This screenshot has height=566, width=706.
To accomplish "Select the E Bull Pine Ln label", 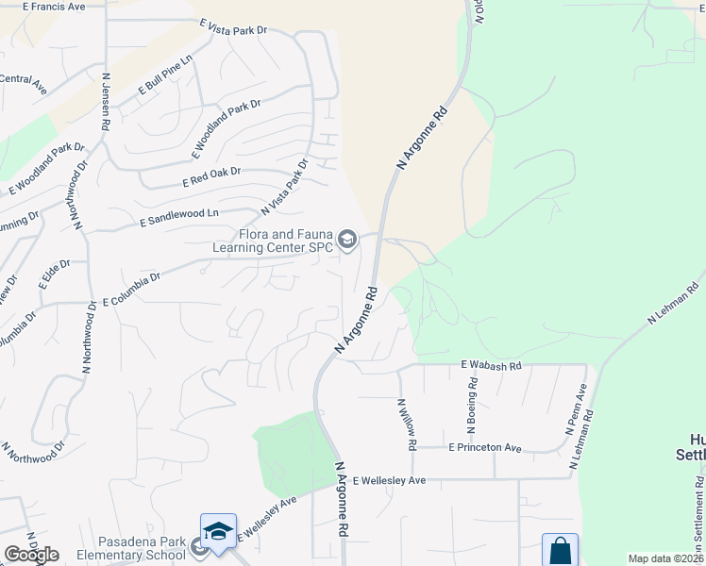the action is pyautogui.click(x=164, y=75).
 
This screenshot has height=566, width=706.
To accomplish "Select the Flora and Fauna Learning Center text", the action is pyautogui.click(x=273, y=241).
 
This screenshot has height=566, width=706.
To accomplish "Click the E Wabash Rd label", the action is pyautogui.click(x=491, y=364).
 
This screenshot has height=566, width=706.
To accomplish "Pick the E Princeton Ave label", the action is pyautogui.click(x=485, y=447).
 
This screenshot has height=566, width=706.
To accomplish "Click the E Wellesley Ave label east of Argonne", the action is pyautogui.click(x=390, y=480).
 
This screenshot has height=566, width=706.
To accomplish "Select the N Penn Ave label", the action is pyautogui.click(x=576, y=408).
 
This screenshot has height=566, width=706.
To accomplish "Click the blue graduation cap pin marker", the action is pyautogui.click(x=218, y=531).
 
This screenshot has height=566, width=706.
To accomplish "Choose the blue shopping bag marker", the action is pyautogui.click(x=560, y=549).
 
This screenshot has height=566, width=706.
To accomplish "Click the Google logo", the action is pyautogui.click(x=31, y=555).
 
